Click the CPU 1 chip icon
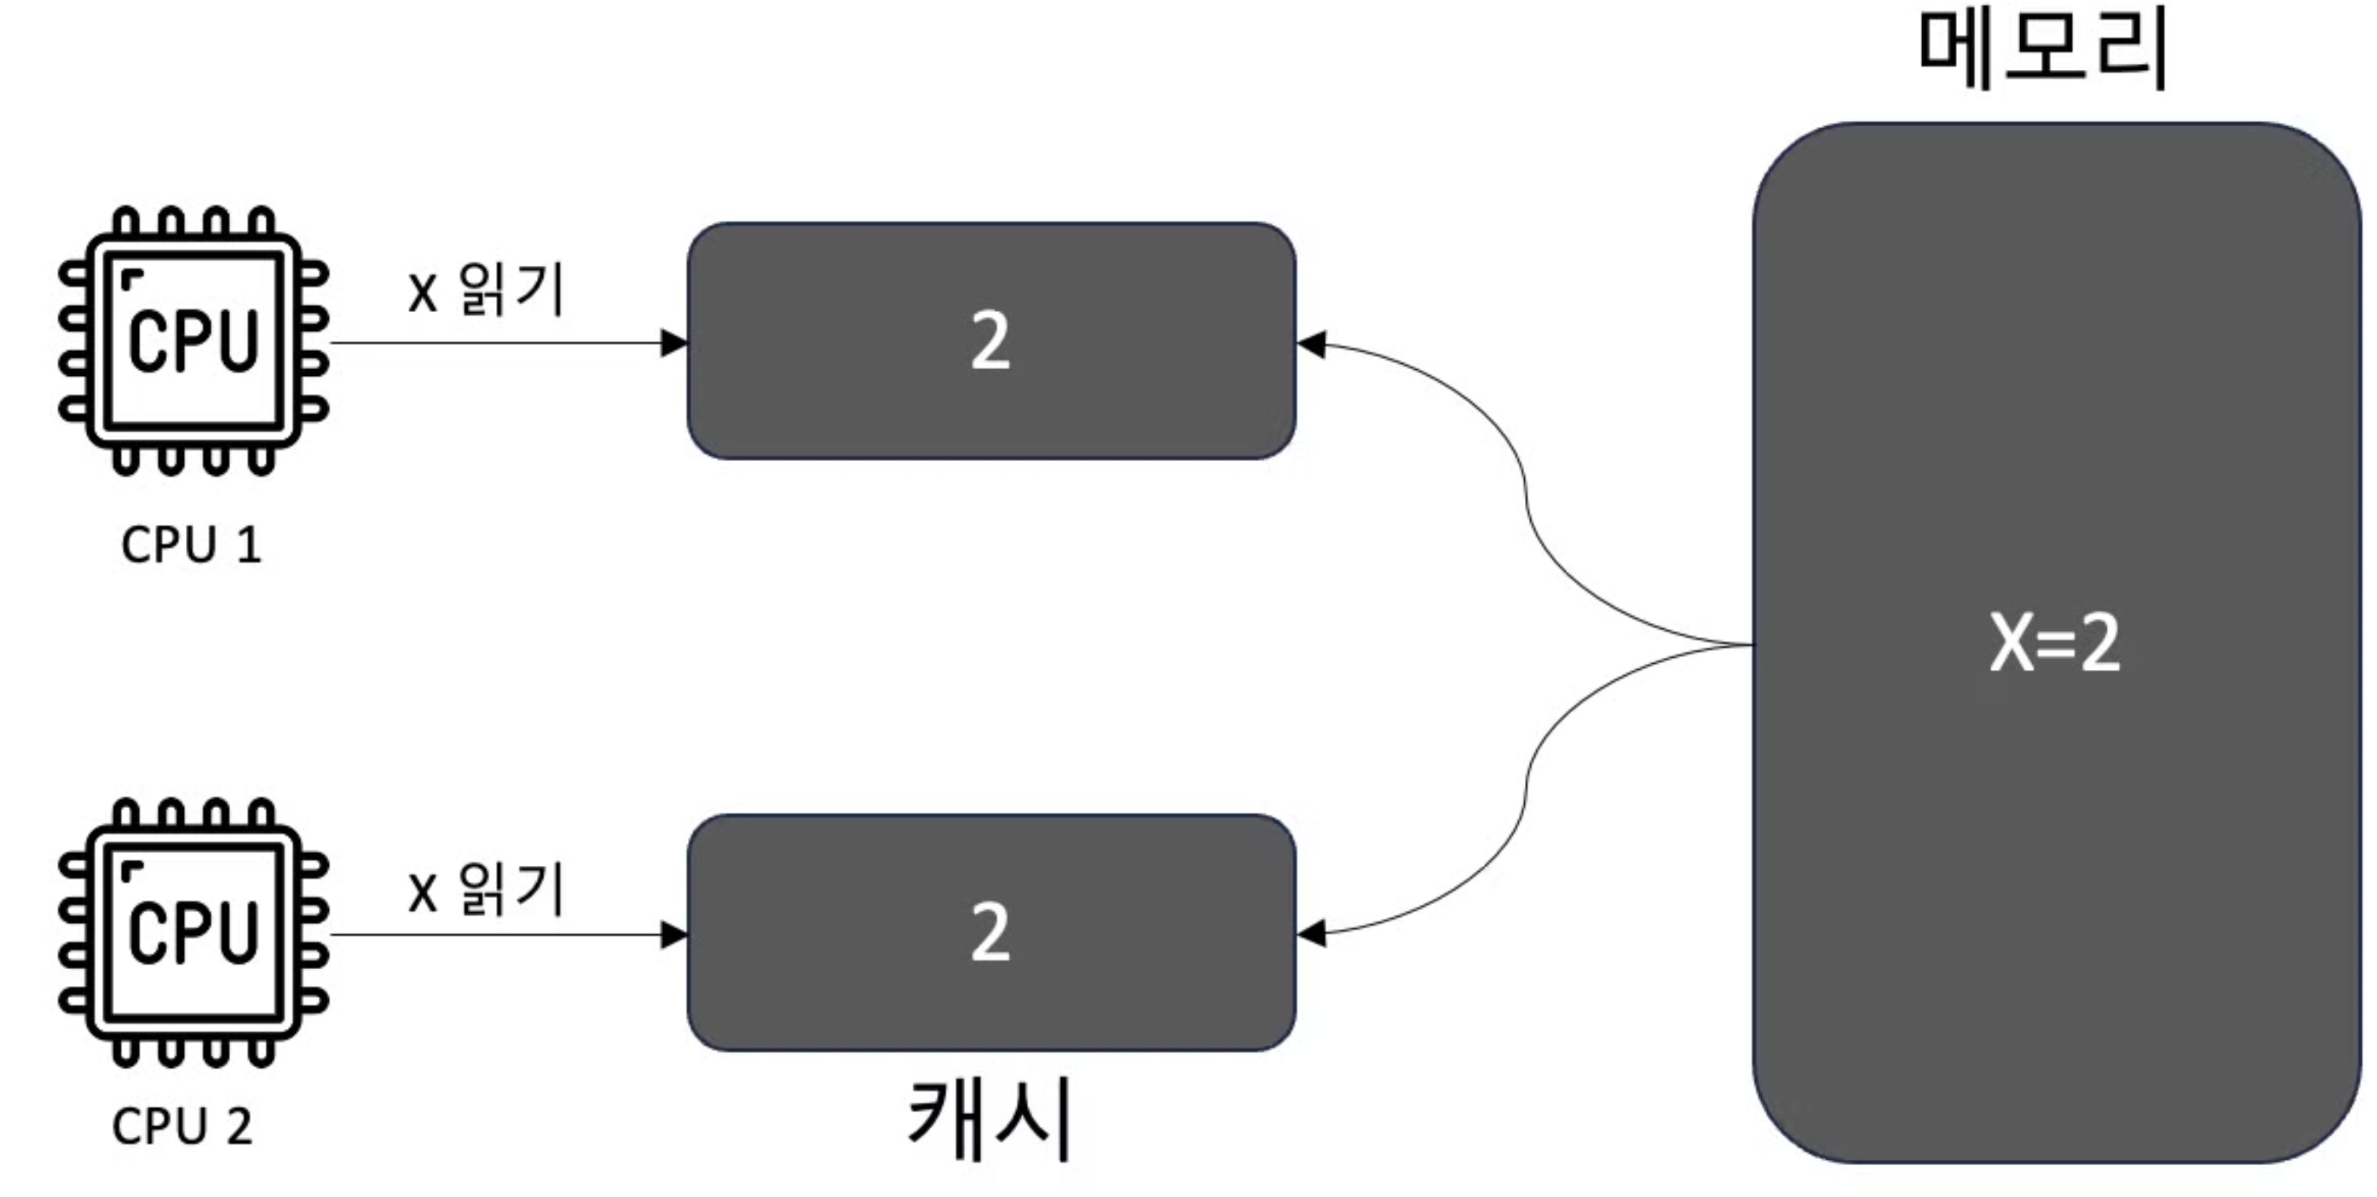coord(193,340)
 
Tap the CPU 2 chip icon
coord(193,932)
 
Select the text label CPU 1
coord(191,545)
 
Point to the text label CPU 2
coord(182,1127)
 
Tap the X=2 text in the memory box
coord(2054,643)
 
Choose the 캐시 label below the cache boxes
coord(990,1120)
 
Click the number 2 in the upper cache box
coord(990,342)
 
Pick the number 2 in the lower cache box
coord(990,933)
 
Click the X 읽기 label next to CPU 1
coord(485,290)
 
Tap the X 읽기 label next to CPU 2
coord(485,891)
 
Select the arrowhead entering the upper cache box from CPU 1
coord(674,343)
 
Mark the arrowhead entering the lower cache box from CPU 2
coord(674,935)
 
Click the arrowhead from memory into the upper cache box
coord(1312,344)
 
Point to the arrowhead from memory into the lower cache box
coord(1312,934)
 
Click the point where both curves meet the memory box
coord(1750,644)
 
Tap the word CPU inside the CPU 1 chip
coord(193,342)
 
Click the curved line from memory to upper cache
coord(1527,498)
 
